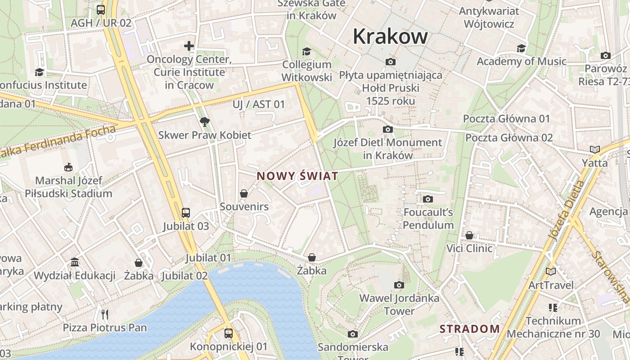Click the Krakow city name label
(390, 36)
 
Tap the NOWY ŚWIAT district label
(297, 176)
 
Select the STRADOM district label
(469, 329)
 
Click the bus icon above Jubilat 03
(185, 212)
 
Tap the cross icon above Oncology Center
(189, 46)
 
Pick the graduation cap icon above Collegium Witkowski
(306, 51)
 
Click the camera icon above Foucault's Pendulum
(428, 199)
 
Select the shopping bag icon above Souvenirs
(243, 193)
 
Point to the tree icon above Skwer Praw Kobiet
(204, 121)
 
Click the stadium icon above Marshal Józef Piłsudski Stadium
(68, 167)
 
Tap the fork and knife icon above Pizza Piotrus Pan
(105, 314)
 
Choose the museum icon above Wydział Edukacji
(75, 262)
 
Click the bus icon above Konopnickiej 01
(229, 333)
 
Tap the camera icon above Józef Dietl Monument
(387, 130)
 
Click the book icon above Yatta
(594, 149)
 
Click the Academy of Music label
(521, 61)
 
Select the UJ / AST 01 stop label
(259, 104)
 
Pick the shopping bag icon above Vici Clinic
(469, 235)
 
